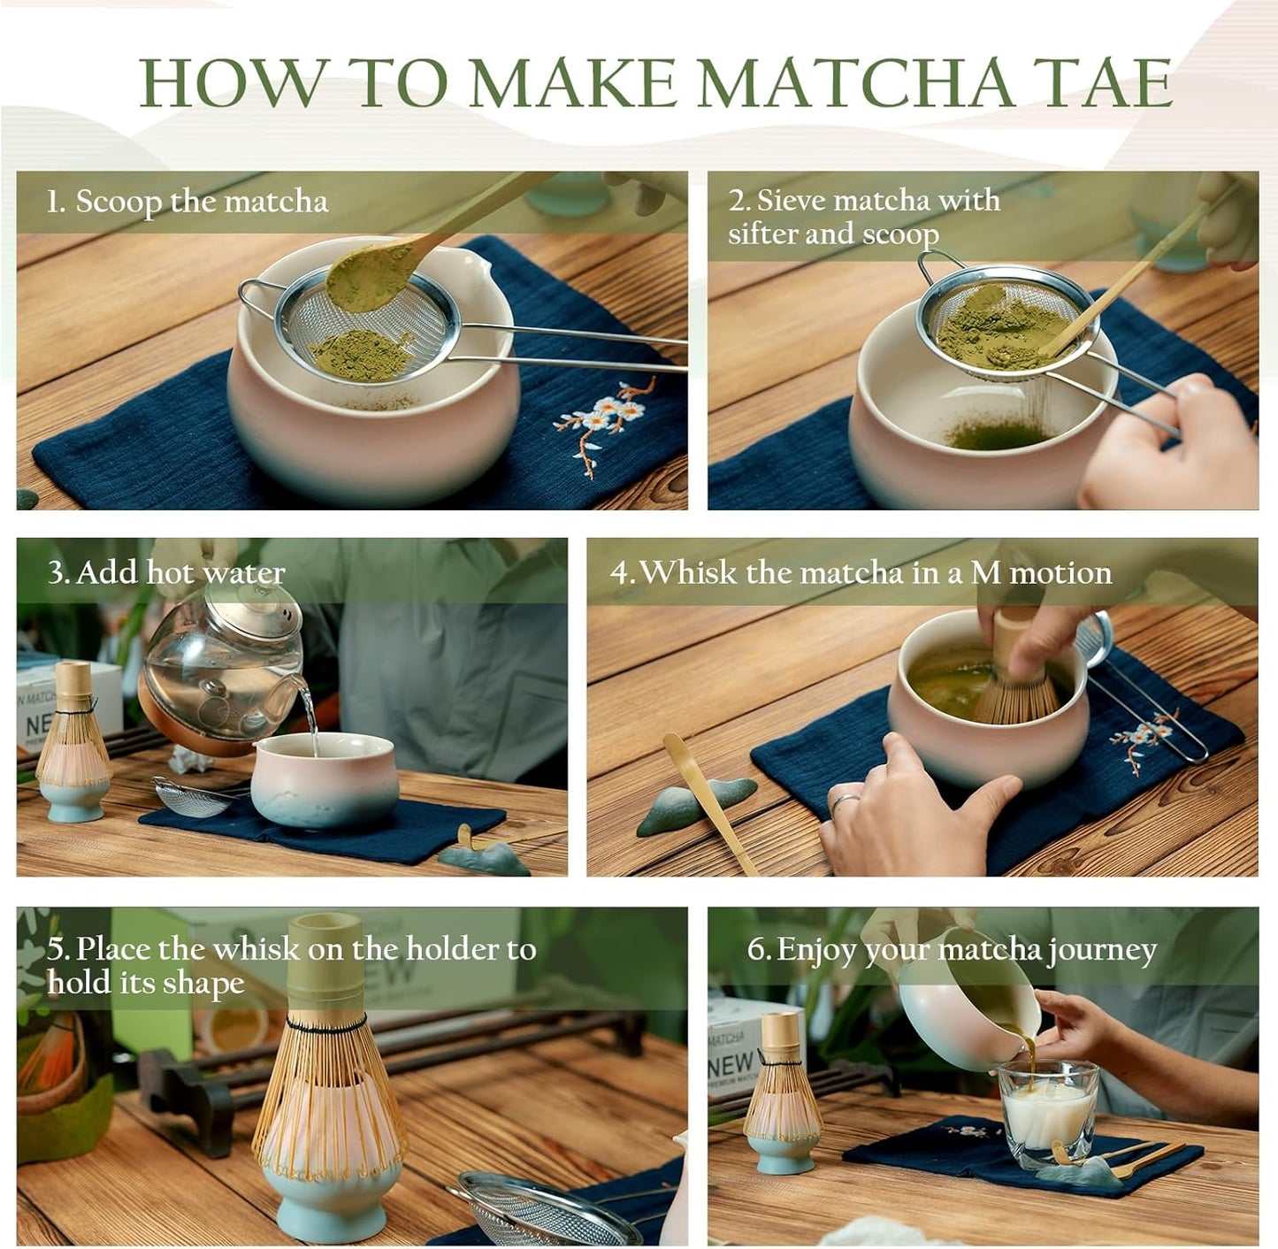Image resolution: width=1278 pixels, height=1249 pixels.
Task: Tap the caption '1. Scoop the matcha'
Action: pyautogui.click(x=187, y=202)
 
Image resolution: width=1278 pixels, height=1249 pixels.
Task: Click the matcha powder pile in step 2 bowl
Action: pyautogui.click(x=996, y=434)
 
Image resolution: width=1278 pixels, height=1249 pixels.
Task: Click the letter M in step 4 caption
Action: pyautogui.click(x=985, y=573)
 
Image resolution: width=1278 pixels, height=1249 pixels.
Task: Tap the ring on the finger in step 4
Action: pyautogui.click(x=844, y=802)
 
